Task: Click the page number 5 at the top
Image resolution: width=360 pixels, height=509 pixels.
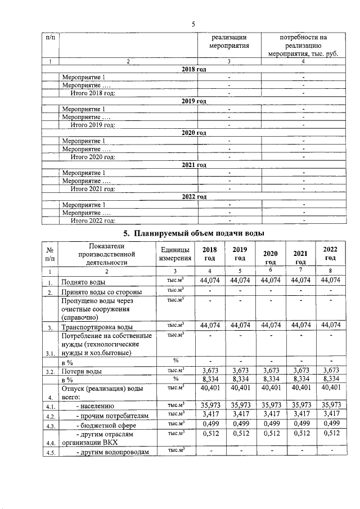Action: pyautogui.click(x=192, y=24)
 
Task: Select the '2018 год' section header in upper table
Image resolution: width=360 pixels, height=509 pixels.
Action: pyautogui.click(x=194, y=69)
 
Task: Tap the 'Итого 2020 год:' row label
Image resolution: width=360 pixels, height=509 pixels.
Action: pyautogui.click(x=93, y=157)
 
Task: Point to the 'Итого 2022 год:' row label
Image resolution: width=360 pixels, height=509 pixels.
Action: pyautogui.click(x=93, y=220)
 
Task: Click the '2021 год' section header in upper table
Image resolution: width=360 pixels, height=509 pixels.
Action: pyautogui.click(x=194, y=165)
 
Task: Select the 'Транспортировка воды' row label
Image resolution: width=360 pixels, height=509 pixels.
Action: pyautogui.click(x=97, y=327)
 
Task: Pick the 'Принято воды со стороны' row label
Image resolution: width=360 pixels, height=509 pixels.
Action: pyautogui.click(x=101, y=292)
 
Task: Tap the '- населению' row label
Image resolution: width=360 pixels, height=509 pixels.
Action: pyautogui.click(x=96, y=406)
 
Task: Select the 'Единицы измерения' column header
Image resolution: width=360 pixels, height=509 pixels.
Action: pyautogui.click(x=174, y=254)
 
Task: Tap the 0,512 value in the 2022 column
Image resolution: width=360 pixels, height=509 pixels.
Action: pyautogui.click(x=330, y=435)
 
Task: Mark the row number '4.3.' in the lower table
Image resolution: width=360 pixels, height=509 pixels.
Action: pyautogui.click(x=51, y=426)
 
